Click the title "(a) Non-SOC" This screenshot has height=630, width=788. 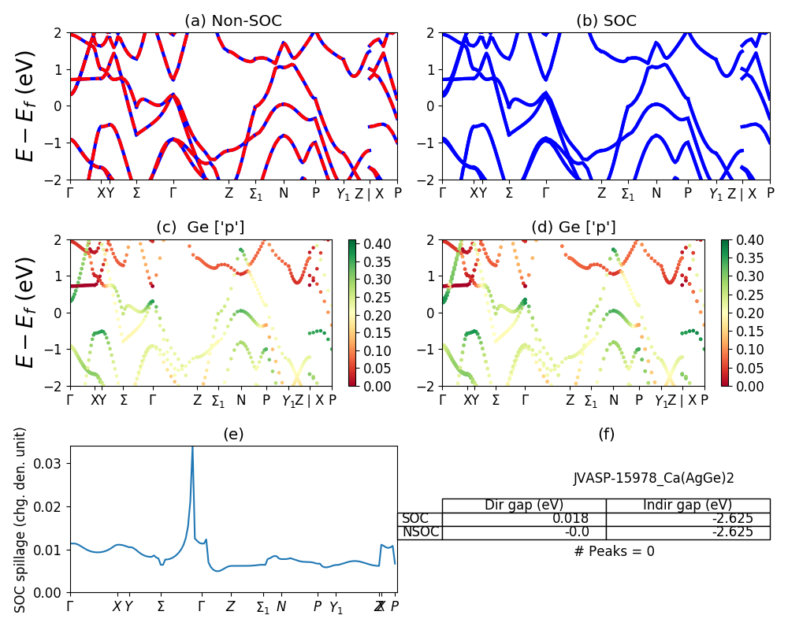tap(233, 21)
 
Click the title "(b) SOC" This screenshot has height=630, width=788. tap(606, 21)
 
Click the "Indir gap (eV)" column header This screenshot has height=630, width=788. tap(687, 505)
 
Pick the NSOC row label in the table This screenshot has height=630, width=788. tap(419, 532)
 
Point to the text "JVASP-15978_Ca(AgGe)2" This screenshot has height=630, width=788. tap(653, 477)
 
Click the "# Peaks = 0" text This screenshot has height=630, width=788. tap(614, 551)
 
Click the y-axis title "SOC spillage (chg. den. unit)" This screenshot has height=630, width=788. tap(20, 520)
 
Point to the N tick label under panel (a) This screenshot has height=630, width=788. tap(284, 193)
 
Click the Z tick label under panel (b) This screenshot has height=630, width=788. tap(601, 193)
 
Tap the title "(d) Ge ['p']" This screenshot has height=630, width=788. tap(574, 228)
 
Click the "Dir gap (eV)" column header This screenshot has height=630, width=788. tap(523, 505)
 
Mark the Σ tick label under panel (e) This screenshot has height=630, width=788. tap(161, 607)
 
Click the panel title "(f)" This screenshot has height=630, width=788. tap(606, 434)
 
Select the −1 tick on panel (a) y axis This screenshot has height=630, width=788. tap(55, 143)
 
